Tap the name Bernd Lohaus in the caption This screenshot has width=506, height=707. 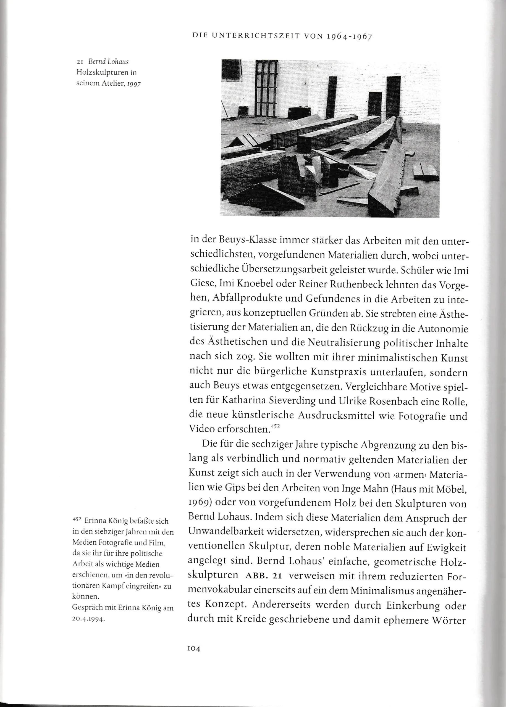[x=108, y=62]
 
